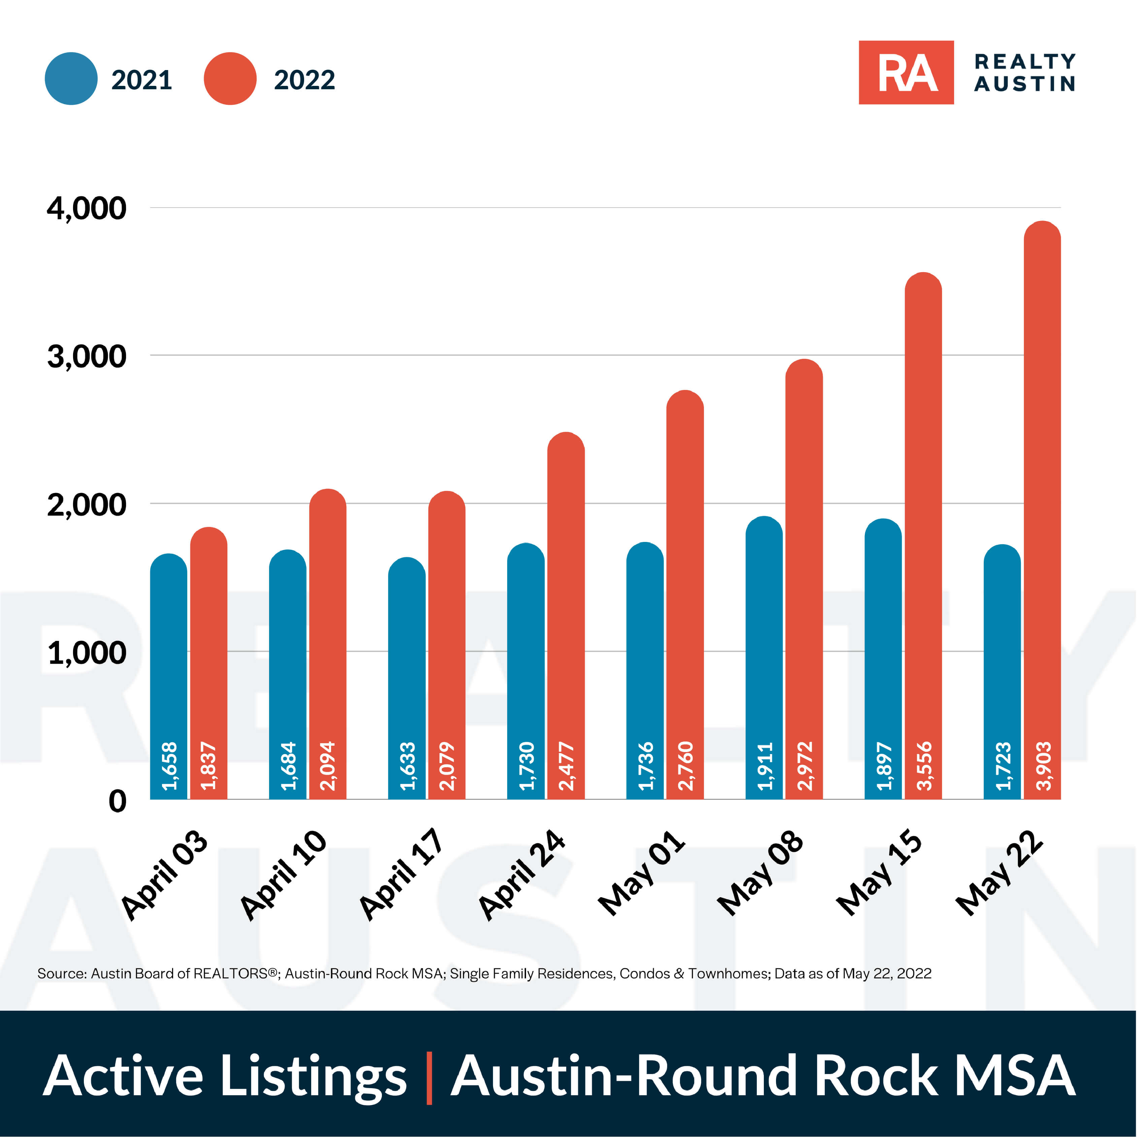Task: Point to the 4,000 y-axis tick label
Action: tap(87, 209)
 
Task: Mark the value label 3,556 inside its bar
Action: tap(924, 766)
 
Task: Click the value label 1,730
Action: tap(526, 766)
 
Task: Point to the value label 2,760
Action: tap(685, 766)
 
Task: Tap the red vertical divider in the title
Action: tap(429, 1078)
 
